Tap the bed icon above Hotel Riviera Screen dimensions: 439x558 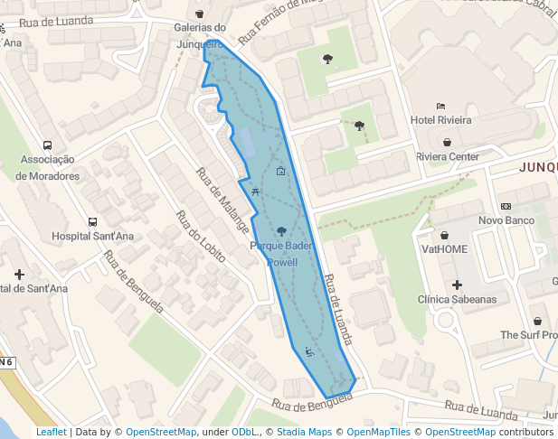click(x=440, y=106)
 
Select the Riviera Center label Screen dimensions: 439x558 click(x=448, y=156)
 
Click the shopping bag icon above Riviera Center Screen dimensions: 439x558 click(x=448, y=142)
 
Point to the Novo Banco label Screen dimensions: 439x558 click(x=506, y=220)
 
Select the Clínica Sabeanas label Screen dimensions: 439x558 click(x=457, y=299)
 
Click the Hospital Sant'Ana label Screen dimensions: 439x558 click(x=93, y=237)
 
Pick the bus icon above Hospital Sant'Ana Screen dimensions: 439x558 click(x=92, y=221)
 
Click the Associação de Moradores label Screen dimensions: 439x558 click(x=48, y=168)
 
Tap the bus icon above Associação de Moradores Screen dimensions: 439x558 click(x=47, y=145)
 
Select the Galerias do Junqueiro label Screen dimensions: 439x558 click(x=200, y=34)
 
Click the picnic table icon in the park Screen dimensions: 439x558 click(x=258, y=191)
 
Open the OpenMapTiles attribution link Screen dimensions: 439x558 click(x=375, y=432)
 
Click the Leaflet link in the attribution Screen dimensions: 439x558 click(x=51, y=432)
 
